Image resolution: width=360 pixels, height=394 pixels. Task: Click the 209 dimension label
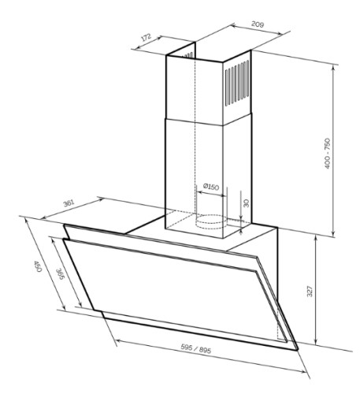click(258, 24)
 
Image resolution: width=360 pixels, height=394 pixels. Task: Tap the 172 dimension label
click(147, 37)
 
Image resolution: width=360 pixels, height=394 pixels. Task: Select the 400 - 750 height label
click(327, 154)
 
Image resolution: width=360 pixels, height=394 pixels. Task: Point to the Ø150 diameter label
click(211, 187)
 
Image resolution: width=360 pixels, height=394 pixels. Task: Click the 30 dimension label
click(246, 203)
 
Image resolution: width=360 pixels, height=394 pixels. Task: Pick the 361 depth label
click(69, 203)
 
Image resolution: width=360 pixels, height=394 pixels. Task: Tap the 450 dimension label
click(38, 266)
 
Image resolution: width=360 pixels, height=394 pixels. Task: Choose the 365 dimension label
click(61, 273)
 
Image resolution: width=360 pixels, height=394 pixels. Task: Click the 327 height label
click(310, 291)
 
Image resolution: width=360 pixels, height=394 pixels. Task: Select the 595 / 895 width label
click(196, 348)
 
